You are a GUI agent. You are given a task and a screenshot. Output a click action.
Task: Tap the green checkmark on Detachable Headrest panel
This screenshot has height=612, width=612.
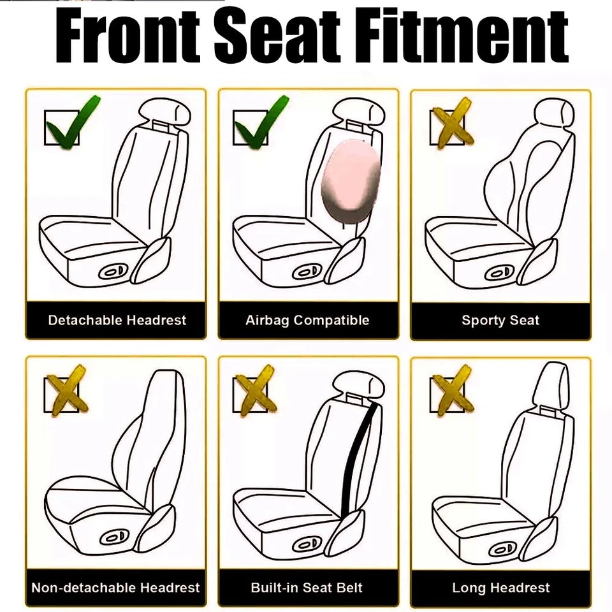[x=70, y=122]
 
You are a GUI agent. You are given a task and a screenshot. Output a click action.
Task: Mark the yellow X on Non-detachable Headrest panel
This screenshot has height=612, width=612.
[x=66, y=389]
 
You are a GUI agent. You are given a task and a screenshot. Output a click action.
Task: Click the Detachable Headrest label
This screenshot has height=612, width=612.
[x=117, y=320]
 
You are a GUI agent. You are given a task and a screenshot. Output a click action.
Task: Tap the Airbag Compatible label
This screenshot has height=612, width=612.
[x=307, y=320]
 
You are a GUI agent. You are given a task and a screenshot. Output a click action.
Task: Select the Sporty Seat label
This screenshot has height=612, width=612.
[x=500, y=320]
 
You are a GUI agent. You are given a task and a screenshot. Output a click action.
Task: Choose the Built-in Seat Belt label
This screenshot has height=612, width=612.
[x=307, y=588]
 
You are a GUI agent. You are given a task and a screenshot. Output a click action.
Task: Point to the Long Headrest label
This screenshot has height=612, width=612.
[x=500, y=588]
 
